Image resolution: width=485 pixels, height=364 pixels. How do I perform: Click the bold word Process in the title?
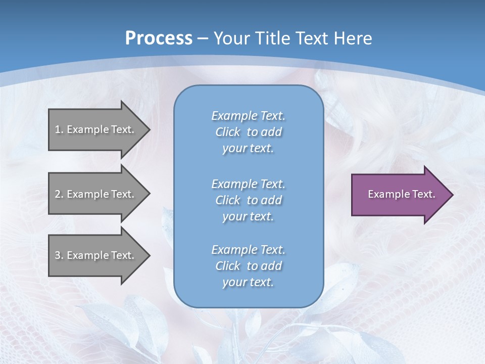tap(159, 38)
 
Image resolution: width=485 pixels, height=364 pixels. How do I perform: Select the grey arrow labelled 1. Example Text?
tap(99, 129)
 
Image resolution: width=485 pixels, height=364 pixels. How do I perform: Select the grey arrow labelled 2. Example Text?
tap(99, 194)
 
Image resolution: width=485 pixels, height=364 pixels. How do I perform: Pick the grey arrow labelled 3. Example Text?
tap(99, 255)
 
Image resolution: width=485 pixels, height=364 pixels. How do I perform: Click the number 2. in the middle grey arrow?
tap(59, 194)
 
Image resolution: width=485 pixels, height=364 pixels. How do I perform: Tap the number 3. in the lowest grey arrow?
tap(59, 256)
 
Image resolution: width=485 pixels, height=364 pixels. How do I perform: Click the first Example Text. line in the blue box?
tap(248, 116)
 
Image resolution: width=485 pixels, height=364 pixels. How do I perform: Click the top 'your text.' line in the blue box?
tap(248, 149)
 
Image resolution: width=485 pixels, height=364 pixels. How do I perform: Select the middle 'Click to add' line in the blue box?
tap(248, 200)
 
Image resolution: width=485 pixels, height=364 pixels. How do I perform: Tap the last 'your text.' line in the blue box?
tap(248, 283)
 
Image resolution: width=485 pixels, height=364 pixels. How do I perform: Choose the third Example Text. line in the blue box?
tap(248, 250)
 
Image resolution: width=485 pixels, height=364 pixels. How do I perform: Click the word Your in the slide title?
tap(230, 38)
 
